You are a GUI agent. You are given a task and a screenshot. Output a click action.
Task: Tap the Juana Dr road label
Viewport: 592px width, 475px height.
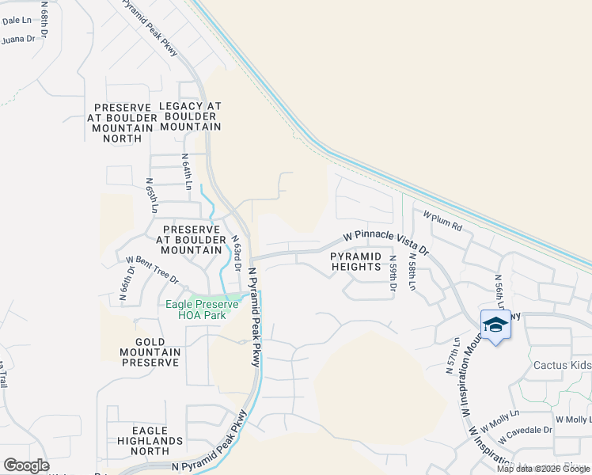(x=19, y=39)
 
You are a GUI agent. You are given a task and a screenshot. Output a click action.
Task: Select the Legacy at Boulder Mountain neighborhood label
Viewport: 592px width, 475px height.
(x=190, y=116)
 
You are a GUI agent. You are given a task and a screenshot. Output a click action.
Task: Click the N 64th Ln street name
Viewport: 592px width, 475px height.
(x=187, y=172)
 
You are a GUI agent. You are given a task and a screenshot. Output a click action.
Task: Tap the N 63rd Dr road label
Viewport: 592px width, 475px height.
(x=235, y=253)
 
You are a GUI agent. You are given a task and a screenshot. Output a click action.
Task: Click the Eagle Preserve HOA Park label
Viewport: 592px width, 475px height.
(x=195, y=310)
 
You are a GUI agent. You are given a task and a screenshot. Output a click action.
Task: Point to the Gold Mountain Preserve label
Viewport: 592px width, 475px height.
(x=150, y=351)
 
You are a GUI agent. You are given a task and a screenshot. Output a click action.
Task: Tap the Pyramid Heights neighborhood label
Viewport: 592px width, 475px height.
(x=356, y=262)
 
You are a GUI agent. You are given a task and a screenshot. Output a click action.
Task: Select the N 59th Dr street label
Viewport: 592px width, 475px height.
(x=392, y=272)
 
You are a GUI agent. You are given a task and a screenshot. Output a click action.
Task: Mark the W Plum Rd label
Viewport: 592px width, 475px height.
(x=442, y=219)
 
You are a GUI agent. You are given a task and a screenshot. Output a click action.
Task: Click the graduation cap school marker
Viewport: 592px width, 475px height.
(x=495, y=325)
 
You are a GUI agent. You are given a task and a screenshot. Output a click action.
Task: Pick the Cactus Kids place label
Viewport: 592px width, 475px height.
(x=562, y=365)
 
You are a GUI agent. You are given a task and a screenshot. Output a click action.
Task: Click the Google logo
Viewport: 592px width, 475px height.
(x=26, y=465)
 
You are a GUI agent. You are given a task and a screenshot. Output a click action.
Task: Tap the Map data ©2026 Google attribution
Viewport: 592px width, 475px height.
(x=544, y=469)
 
